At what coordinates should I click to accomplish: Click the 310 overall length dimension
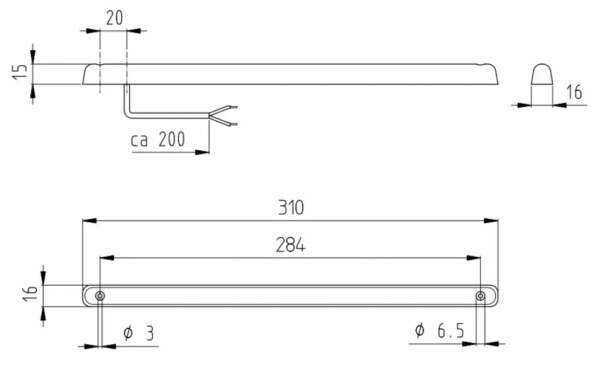(x=291, y=208)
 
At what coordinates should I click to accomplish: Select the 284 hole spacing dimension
(x=291, y=245)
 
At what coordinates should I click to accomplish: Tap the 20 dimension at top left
(x=114, y=18)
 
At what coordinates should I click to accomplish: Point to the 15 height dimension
(x=20, y=72)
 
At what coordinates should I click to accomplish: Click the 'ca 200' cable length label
(x=158, y=139)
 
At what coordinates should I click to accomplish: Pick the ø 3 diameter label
(x=139, y=333)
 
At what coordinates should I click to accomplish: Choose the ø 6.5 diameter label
(x=440, y=330)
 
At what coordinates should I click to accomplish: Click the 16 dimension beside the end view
(x=574, y=92)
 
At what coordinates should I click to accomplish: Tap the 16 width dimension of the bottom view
(x=31, y=293)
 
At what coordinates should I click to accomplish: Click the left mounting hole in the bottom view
(x=100, y=296)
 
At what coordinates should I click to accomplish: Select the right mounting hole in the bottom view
(x=480, y=296)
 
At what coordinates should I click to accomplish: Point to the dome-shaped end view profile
(x=542, y=74)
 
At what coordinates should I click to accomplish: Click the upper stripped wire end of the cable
(x=233, y=107)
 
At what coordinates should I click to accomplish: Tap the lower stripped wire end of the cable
(x=233, y=124)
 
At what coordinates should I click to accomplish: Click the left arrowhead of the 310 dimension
(x=90, y=220)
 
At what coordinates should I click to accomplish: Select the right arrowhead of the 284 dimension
(x=474, y=258)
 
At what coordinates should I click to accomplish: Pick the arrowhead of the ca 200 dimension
(x=202, y=152)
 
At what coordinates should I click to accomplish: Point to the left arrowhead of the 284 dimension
(x=107, y=258)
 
